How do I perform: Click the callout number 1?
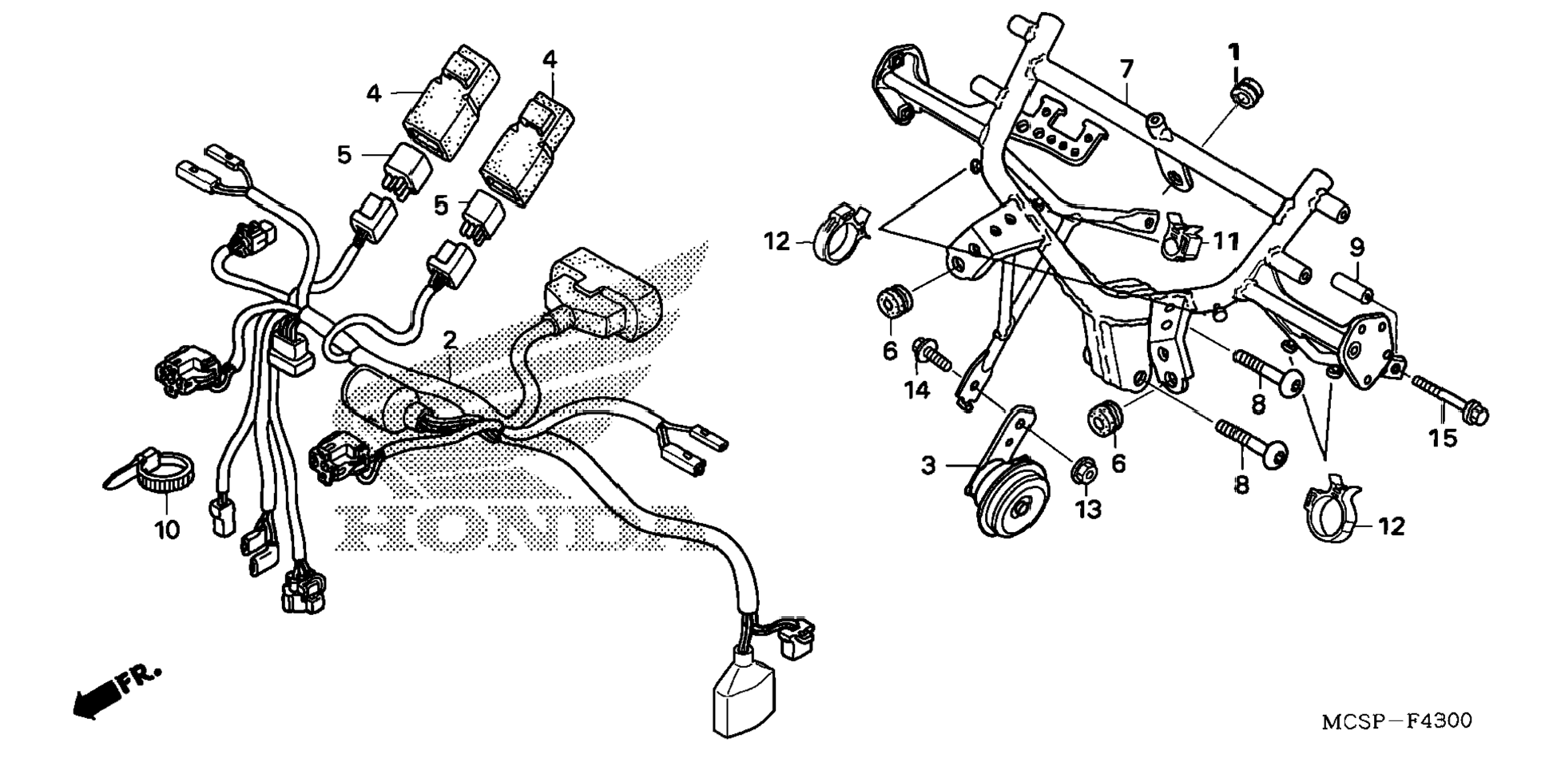click(1234, 53)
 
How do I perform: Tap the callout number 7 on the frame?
click(1126, 69)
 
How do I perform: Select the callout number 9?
click(1357, 247)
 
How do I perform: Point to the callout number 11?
click(1225, 240)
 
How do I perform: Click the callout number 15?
click(1443, 438)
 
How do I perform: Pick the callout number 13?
click(1088, 509)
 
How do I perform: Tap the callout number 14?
click(917, 390)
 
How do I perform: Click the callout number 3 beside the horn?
click(928, 465)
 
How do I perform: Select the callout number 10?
click(167, 529)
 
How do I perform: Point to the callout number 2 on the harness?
click(450, 341)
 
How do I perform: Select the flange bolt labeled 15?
click(1450, 399)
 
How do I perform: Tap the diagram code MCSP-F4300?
click(1396, 721)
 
